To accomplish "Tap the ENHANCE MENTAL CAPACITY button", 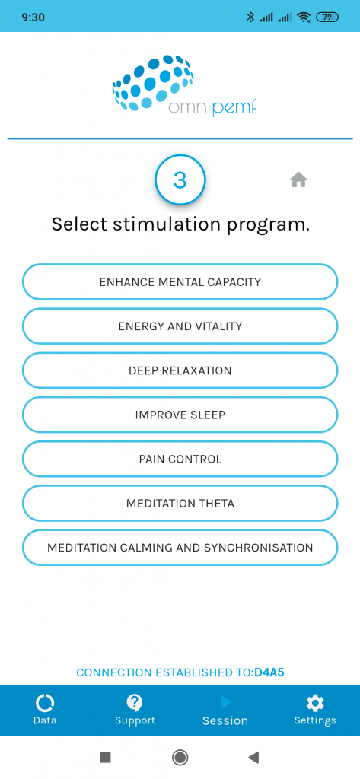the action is pos(180,281).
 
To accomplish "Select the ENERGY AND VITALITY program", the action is pos(180,326).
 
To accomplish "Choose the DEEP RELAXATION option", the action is pos(180,370).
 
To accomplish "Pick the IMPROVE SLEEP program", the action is pos(180,415).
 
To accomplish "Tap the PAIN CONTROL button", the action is pos(180,459).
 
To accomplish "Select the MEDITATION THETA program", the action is pos(180,504).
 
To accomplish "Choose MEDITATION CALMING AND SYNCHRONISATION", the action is pos(180,548).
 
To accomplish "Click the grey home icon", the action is pos(298,180).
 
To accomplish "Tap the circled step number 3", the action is pos(180,180).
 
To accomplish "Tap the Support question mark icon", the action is pos(135,702).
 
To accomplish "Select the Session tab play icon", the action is pos(226,702).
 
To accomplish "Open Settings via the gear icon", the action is pos(315,702).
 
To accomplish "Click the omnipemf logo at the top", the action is pos(184,85).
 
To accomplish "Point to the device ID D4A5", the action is pos(269,672).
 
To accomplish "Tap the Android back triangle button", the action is pos(253,757).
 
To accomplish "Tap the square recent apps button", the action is pos(105,757).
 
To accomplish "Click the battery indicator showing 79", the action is pos(327,17).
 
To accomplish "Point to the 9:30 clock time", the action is pos(33,17).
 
